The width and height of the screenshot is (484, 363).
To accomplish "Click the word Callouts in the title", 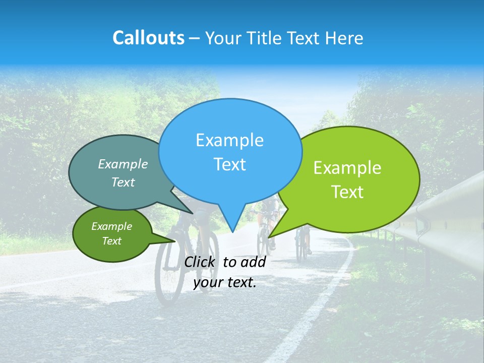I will click(x=148, y=38).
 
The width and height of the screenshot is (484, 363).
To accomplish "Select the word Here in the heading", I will click(x=344, y=38).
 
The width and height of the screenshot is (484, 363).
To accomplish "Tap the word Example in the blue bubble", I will click(x=229, y=140).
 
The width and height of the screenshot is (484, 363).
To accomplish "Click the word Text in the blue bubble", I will click(x=229, y=164).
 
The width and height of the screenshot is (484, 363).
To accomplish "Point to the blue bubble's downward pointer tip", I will click(x=232, y=231).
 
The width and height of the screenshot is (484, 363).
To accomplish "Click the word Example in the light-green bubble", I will click(x=347, y=168).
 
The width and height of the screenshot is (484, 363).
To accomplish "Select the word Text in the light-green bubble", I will click(x=347, y=192).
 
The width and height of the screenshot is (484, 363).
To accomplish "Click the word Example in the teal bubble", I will click(x=123, y=164).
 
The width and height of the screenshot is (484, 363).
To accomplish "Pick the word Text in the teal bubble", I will click(x=123, y=182).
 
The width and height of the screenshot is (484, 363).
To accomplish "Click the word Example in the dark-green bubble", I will click(x=111, y=226).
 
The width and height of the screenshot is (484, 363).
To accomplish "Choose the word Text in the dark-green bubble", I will click(x=111, y=241).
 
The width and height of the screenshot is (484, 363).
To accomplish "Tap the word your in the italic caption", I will click(x=208, y=282).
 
